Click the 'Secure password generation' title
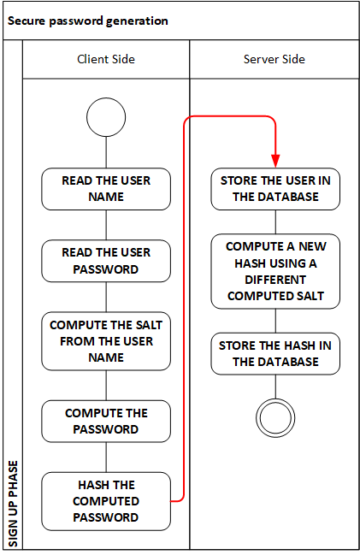(x=88, y=21)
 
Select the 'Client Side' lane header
(x=106, y=59)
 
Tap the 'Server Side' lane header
(x=274, y=59)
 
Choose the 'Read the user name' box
(x=106, y=189)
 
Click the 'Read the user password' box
(x=106, y=261)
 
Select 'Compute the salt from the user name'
(x=106, y=341)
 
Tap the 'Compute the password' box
(x=106, y=422)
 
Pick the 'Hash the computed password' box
(x=106, y=501)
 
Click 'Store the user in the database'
(x=275, y=189)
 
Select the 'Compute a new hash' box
(x=275, y=271)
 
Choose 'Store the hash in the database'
(x=275, y=353)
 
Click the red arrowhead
(x=275, y=161)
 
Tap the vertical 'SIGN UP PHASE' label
(x=13, y=504)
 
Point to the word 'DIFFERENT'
(x=275, y=280)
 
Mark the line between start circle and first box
(x=106, y=152)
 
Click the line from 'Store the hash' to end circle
(x=275, y=387)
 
